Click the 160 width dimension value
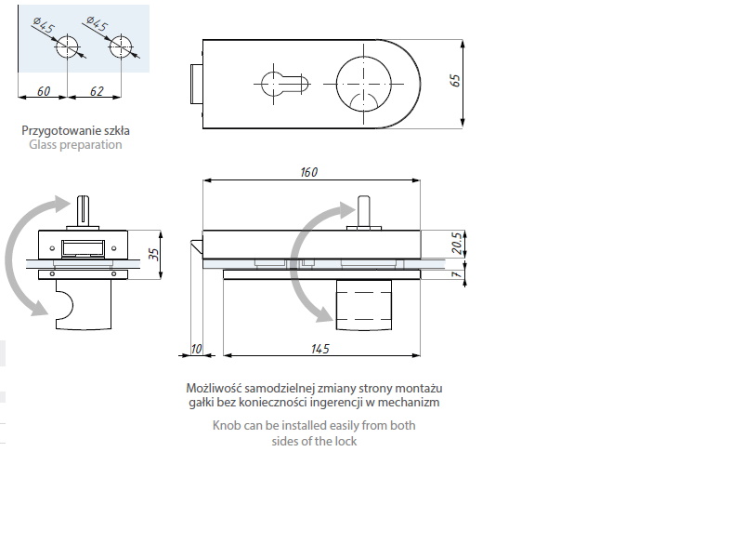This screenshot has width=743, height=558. (x=309, y=172)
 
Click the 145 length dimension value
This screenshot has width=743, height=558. (x=319, y=349)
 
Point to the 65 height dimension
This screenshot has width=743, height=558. (x=455, y=81)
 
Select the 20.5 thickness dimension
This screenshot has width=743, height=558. (x=456, y=243)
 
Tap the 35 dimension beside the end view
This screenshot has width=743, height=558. (x=153, y=254)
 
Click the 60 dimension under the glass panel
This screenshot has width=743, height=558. (x=44, y=90)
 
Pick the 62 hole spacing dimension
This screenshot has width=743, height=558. (x=97, y=90)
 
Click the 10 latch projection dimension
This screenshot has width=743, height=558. (x=196, y=349)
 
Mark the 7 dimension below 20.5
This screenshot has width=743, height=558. (x=456, y=274)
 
